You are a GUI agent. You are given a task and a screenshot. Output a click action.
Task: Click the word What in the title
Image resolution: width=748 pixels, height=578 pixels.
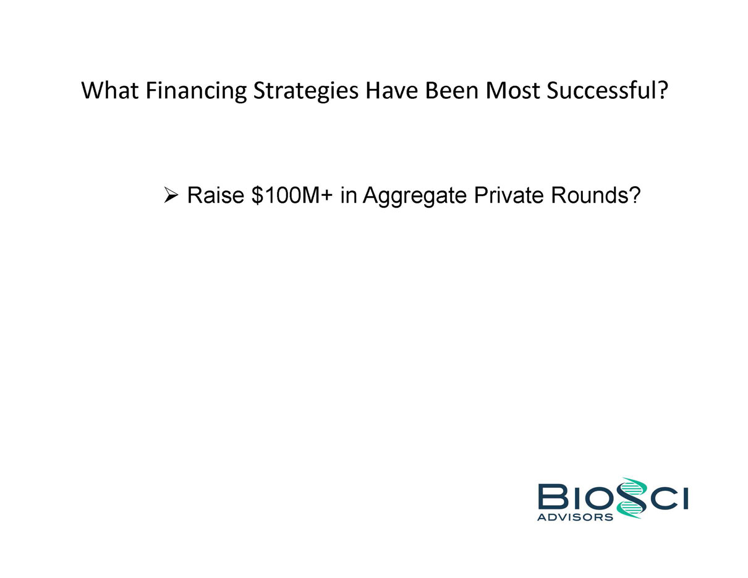pyautogui.click(x=110, y=90)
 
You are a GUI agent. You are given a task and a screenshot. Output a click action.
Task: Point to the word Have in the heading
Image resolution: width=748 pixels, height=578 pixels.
pyautogui.click(x=391, y=90)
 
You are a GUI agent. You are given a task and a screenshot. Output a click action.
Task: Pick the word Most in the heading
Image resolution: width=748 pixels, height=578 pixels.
pyautogui.click(x=512, y=90)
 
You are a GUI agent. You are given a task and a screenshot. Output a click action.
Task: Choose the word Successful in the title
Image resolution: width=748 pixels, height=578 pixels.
pyautogui.click(x=601, y=90)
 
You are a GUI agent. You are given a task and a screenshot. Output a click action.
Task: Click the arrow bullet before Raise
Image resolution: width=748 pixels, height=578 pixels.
pyautogui.click(x=171, y=195)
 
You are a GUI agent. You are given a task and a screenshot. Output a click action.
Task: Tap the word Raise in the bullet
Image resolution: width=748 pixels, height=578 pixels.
pyautogui.click(x=216, y=195)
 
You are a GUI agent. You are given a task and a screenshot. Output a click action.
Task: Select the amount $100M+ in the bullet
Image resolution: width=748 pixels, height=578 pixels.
pyautogui.click(x=292, y=195)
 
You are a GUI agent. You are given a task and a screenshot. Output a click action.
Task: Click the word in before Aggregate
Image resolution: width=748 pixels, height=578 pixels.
pyautogui.click(x=348, y=195)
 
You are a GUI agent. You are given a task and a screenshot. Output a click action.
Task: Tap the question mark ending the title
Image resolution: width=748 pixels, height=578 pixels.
pyautogui.click(x=662, y=90)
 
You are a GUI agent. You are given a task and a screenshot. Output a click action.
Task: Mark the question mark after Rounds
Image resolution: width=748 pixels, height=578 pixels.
pyautogui.click(x=632, y=195)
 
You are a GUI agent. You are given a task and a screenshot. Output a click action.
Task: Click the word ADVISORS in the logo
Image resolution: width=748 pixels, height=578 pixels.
pyautogui.click(x=575, y=517)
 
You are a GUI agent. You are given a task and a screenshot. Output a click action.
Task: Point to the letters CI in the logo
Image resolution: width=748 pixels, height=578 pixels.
pyautogui.click(x=668, y=497)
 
